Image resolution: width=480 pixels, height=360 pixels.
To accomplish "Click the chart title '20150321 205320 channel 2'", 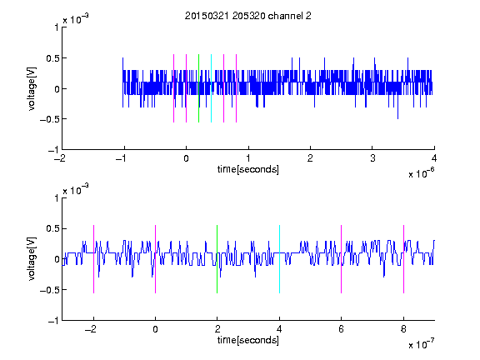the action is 248,16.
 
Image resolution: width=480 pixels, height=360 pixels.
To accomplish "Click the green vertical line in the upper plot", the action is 198,88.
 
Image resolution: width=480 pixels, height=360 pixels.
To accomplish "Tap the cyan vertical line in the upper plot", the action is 211,88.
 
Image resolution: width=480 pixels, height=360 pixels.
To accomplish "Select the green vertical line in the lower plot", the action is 217,259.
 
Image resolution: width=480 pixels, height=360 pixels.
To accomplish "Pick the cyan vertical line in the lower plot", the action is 279,259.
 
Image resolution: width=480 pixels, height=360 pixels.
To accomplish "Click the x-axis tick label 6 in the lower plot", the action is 342,329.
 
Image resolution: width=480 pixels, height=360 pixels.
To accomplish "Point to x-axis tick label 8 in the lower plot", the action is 403,329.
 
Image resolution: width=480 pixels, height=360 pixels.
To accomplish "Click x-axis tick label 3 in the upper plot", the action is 372,158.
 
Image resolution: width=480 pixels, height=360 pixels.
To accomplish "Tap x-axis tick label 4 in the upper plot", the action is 434,158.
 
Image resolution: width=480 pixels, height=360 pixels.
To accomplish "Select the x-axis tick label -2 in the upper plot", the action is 60,158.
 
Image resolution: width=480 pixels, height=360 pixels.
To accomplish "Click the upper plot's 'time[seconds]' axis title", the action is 248,169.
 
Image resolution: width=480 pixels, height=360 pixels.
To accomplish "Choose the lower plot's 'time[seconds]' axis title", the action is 248,340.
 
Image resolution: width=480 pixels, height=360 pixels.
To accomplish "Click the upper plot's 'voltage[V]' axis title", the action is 32,88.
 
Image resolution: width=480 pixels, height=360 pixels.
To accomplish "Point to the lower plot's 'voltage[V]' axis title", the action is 32,259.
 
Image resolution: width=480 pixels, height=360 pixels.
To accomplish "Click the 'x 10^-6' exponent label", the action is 422,173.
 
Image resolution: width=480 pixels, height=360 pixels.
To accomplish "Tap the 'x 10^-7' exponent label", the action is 422,344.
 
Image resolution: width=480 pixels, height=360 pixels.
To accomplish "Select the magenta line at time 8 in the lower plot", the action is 403,259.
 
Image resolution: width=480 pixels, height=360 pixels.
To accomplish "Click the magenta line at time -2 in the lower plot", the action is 93,259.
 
